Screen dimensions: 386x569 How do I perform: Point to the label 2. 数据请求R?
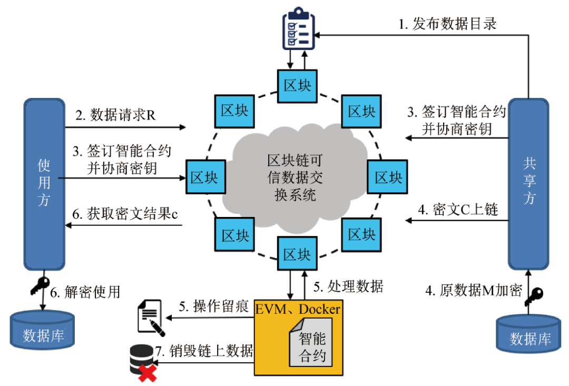115,115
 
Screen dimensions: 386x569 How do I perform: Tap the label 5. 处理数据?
348,287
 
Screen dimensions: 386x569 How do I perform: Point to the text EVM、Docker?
298,309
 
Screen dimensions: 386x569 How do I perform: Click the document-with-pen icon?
150,317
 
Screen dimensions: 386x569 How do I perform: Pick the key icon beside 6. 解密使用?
38,286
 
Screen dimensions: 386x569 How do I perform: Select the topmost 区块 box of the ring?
297,86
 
